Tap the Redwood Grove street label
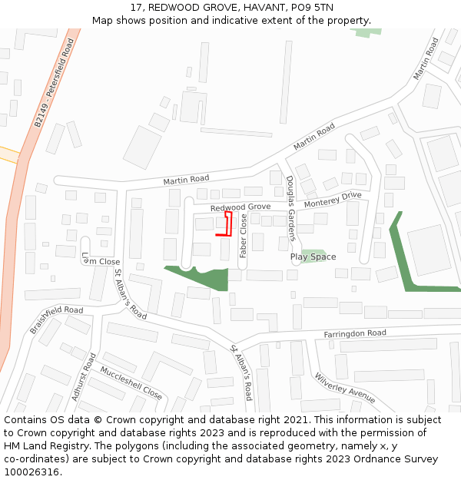[240, 207]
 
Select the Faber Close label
[244, 236]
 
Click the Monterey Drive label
[333, 200]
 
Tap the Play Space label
[313, 257]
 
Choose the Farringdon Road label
[354, 333]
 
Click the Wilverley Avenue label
[345, 388]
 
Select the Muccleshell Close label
[131, 383]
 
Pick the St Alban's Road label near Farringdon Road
[241, 372]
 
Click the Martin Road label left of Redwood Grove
[186, 180]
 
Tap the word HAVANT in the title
[243, 7]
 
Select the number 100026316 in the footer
[33, 472]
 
